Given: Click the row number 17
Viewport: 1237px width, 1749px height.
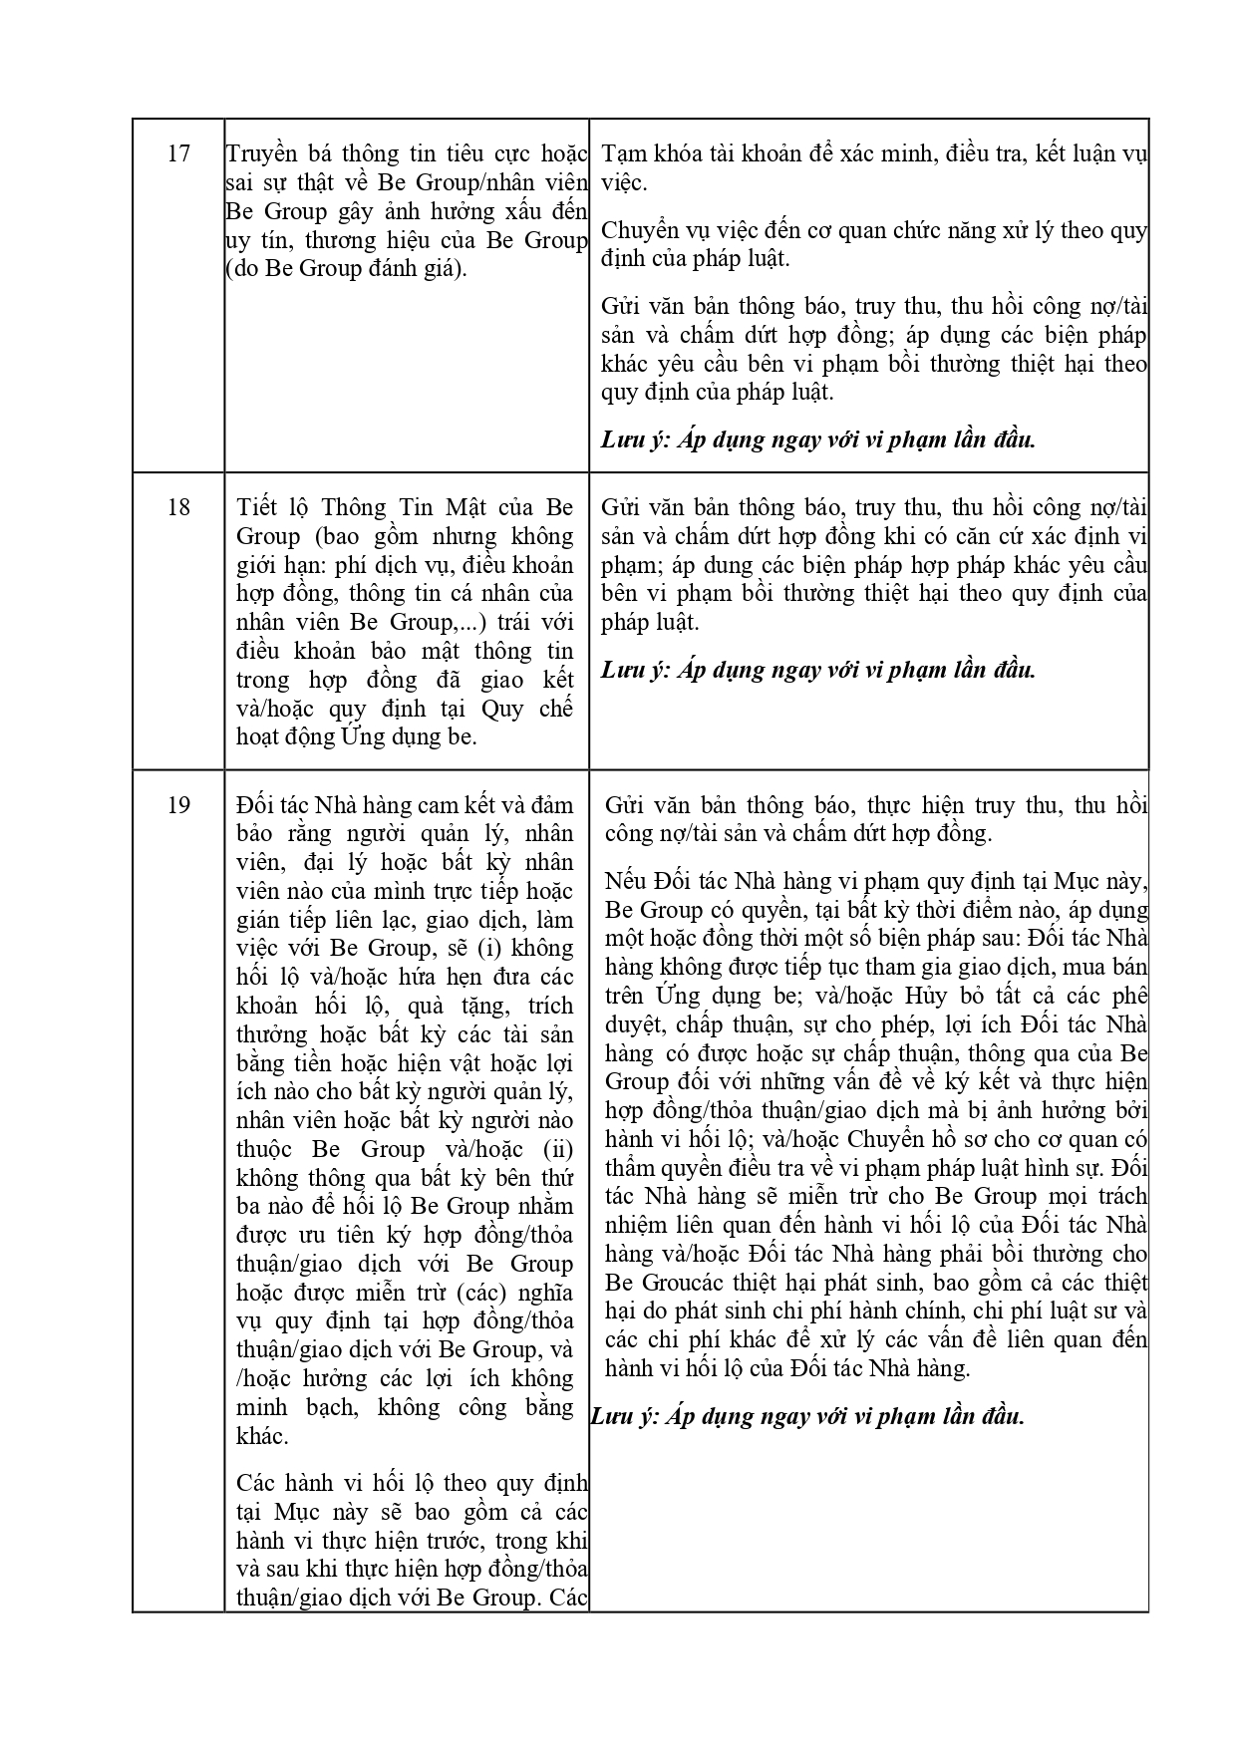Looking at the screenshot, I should click(178, 153).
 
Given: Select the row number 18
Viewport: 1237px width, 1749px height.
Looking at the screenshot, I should click(178, 506).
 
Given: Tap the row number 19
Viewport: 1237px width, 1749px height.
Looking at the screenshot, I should click(178, 804).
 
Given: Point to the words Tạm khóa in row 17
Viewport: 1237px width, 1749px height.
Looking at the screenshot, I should click(643, 153).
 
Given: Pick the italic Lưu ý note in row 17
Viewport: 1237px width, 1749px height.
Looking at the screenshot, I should click(817, 439).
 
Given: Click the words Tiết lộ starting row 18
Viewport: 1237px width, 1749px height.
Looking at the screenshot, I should click(275, 506).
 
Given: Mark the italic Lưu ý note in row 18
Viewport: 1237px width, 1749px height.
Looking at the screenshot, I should click(817, 670).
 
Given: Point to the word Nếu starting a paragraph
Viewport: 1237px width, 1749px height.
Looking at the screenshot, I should click(626, 881).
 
